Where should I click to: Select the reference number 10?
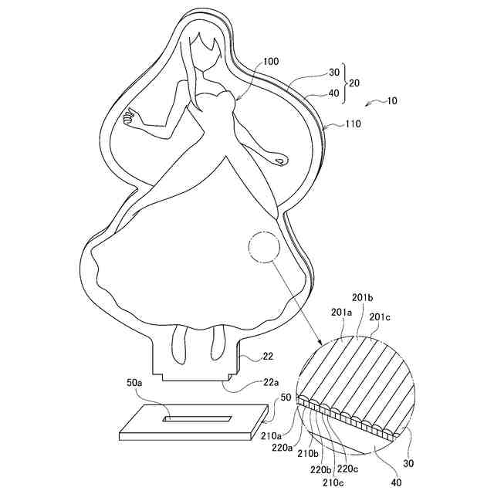393,102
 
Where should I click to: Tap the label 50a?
134,383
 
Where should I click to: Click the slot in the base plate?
197,419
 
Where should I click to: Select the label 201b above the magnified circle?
363,298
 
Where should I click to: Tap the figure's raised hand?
129,118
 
